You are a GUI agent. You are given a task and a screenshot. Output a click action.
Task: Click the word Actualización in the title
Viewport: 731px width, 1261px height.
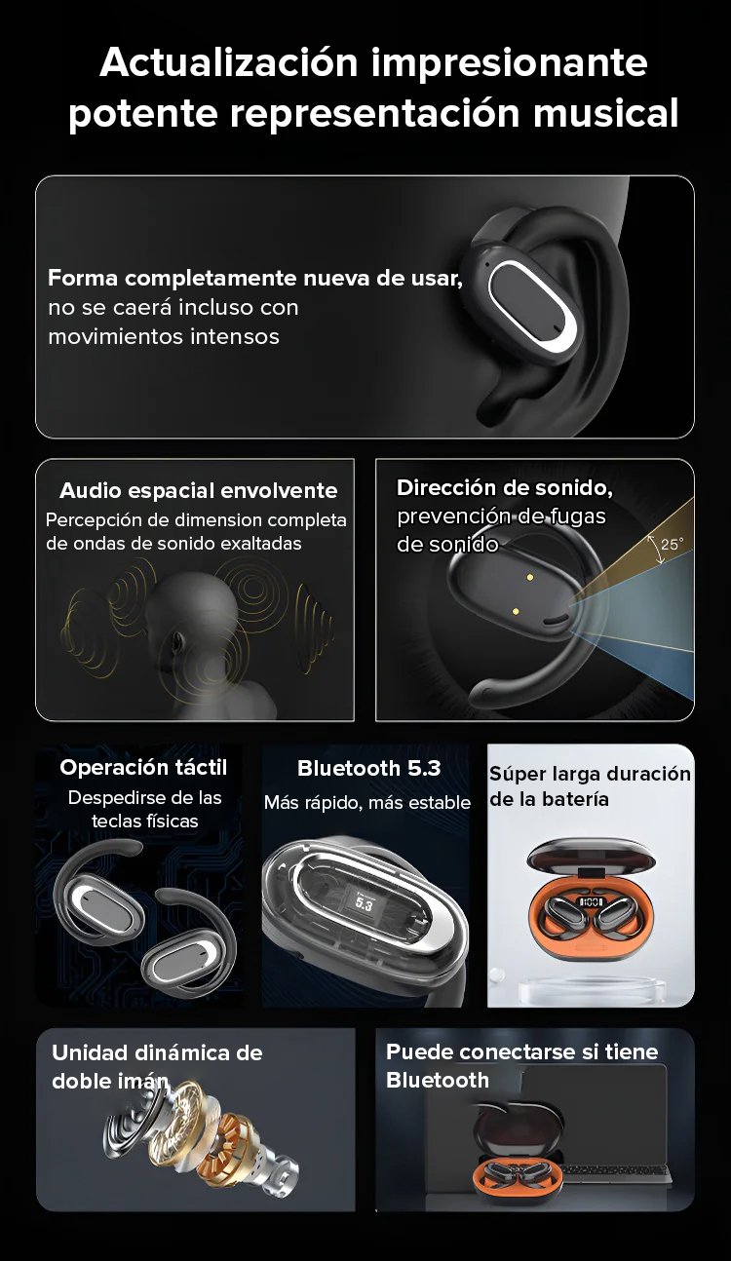pyautogui.click(x=229, y=62)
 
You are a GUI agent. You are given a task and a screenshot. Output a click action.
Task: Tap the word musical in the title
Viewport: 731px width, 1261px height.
pyautogui.click(x=605, y=112)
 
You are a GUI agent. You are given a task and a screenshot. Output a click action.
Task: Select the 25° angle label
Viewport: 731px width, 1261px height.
pyautogui.click(x=672, y=545)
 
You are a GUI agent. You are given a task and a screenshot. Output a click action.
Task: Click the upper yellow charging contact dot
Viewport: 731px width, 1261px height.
pyautogui.click(x=529, y=577)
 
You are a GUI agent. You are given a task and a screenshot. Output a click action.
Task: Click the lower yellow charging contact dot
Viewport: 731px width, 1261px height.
pyautogui.click(x=516, y=610)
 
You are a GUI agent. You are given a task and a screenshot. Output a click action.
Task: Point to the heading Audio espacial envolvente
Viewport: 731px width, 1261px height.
pyautogui.click(x=198, y=490)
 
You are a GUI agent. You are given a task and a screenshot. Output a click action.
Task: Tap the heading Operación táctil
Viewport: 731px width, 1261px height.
pyautogui.click(x=143, y=767)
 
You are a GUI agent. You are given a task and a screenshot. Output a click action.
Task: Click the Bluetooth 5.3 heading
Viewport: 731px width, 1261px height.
pyautogui.click(x=368, y=768)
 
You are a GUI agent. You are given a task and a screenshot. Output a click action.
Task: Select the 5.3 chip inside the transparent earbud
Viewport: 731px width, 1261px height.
pyautogui.click(x=364, y=904)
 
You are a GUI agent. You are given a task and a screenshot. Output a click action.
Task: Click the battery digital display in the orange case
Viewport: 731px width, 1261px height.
pyautogui.click(x=591, y=902)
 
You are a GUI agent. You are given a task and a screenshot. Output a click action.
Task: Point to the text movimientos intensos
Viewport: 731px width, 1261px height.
pyautogui.click(x=164, y=336)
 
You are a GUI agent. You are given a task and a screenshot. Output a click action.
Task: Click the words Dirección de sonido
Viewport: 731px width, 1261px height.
pyautogui.click(x=505, y=487)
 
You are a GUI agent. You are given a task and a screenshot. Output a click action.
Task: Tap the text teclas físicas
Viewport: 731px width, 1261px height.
pyautogui.click(x=144, y=821)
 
